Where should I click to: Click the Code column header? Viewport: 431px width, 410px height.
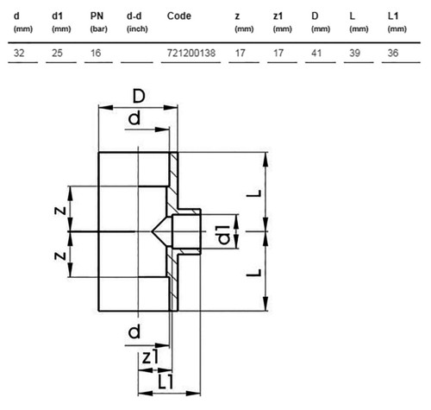click(x=178, y=16)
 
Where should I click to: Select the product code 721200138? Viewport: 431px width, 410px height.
click(x=191, y=53)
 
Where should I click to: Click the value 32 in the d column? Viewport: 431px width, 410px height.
click(x=19, y=53)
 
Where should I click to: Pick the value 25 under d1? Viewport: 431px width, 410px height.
click(x=57, y=53)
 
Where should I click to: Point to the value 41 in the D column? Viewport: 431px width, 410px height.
click(x=316, y=53)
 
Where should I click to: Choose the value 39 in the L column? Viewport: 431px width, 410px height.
click(x=354, y=53)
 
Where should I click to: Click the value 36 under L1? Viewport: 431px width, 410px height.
click(x=393, y=53)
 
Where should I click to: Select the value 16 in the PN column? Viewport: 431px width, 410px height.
click(x=96, y=53)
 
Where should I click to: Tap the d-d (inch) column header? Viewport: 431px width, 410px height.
click(x=137, y=22)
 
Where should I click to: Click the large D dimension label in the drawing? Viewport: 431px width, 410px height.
click(x=139, y=96)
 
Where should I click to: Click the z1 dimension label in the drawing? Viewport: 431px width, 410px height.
click(x=151, y=357)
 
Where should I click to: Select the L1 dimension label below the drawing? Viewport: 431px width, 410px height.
click(x=166, y=382)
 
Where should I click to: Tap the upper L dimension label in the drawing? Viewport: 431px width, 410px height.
click(x=254, y=193)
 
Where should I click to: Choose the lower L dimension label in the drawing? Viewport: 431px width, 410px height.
click(x=254, y=272)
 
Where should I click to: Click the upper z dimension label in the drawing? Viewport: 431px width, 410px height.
click(x=60, y=211)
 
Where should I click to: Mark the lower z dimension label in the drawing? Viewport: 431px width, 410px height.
click(x=60, y=255)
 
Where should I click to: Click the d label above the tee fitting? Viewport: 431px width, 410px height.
click(x=134, y=118)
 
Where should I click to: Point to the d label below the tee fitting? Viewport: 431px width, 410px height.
click(x=134, y=331)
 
